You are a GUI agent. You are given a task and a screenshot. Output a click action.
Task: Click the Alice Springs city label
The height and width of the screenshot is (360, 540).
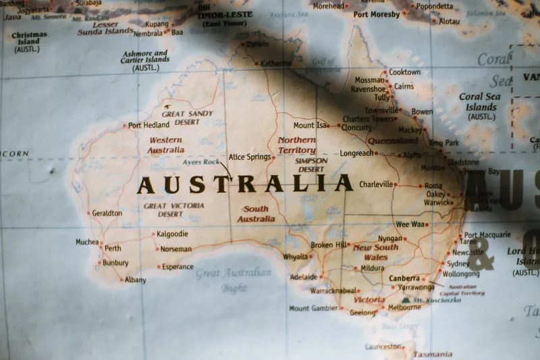coord(250,157)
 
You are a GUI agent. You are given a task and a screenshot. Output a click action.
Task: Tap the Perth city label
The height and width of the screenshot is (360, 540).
coord(113,248)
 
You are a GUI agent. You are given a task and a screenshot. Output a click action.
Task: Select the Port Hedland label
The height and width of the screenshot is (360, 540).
coord(148,125)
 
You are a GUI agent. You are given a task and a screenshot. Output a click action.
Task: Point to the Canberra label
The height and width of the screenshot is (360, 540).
coord(404,278)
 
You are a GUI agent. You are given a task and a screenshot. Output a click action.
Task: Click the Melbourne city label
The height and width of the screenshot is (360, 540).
coord(404,307)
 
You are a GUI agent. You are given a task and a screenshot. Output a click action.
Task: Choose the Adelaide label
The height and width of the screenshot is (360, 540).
coord(303,277)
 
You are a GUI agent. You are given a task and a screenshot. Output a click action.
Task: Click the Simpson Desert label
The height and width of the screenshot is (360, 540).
coord(311,165)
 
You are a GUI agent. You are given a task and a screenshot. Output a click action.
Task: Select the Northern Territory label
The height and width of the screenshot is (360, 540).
coord(297,145)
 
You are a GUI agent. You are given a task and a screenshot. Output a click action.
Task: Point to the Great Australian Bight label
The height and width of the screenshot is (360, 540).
coord(234,280)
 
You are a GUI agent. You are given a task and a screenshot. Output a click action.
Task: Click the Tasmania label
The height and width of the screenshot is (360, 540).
coord(433,354)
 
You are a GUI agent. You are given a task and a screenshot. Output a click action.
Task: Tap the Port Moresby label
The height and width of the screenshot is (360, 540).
coord(377,14)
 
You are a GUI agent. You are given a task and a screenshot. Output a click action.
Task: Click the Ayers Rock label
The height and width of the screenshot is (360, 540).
coord(201,162)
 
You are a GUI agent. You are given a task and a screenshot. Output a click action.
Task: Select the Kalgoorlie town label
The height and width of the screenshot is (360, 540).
coord(172,234)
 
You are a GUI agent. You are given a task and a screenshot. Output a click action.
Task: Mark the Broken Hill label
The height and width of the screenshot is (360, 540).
coord(329,245)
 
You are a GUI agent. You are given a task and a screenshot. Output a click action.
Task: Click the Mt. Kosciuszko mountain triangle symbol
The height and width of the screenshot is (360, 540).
coord(406,299)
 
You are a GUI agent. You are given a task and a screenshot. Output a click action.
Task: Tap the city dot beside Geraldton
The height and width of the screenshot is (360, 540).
coord(88,213)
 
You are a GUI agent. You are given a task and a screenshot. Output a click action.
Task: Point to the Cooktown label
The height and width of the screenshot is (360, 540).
coord(404,72)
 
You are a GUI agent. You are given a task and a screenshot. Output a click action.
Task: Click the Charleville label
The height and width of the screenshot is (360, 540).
coord(376,184)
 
